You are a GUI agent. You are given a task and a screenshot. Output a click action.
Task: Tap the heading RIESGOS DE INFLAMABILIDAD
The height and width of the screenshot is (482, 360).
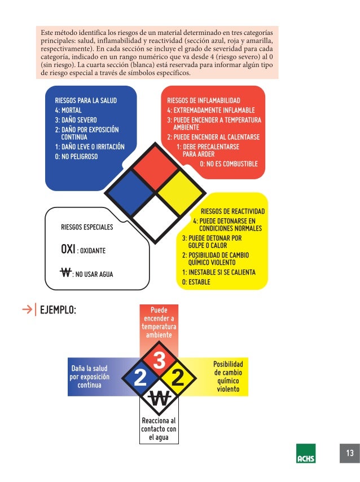coord(204,100)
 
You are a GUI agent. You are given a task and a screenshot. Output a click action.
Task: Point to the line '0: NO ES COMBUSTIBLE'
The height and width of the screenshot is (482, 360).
coord(229,164)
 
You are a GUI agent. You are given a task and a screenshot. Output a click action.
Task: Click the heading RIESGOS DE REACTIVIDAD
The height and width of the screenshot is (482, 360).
coord(232,211)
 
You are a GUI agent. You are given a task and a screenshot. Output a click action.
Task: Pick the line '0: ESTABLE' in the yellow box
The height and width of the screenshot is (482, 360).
coord(196,282)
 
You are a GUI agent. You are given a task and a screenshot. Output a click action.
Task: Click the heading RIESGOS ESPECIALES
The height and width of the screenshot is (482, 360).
coord(87,227)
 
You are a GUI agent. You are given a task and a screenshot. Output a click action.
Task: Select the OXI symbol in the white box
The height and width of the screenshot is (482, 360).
coord(68,249)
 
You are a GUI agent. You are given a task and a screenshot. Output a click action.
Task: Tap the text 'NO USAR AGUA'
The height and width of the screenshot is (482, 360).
coord(94,275)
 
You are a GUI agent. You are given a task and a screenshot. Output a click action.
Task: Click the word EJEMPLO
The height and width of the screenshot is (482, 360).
coord(58,310)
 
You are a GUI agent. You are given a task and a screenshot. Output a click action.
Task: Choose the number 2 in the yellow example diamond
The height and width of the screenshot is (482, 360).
coord(178,378)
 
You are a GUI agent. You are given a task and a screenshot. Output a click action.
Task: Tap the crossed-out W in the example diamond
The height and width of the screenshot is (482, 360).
coord(159,399)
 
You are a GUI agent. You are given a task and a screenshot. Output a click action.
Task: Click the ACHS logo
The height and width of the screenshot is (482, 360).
coord(306,454)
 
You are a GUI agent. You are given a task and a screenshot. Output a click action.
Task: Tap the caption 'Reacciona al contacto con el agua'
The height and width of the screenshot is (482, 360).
coord(159,429)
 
